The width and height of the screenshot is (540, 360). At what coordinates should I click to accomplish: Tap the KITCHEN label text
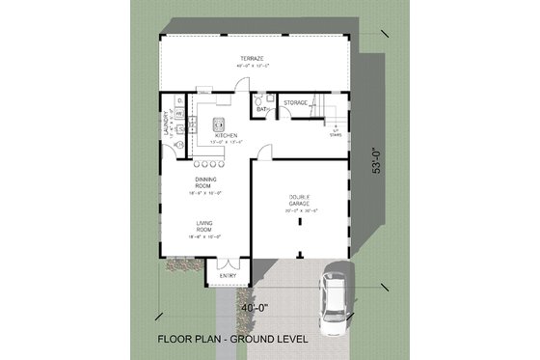(x=226, y=135)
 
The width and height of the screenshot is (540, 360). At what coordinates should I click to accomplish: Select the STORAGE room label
(x=295, y=102)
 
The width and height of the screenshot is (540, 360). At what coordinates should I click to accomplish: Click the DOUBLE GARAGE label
(x=298, y=201)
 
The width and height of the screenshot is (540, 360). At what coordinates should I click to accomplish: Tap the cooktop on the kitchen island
(x=219, y=124)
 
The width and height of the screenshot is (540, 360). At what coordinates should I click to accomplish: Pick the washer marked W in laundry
(x=179, y=114)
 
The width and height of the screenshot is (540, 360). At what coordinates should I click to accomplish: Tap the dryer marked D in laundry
(x=179, y=100)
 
